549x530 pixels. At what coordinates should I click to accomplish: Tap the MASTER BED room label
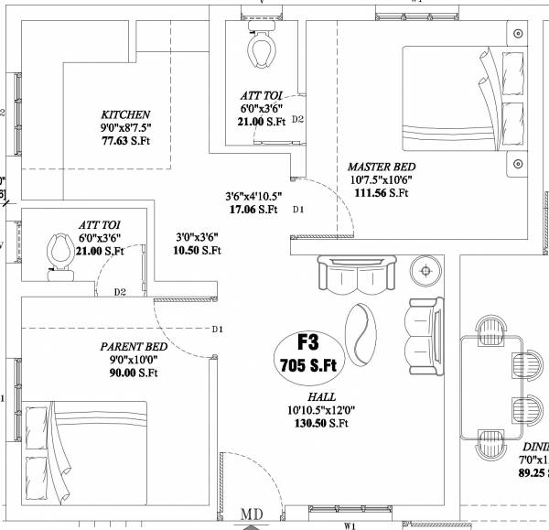tap(381, 168)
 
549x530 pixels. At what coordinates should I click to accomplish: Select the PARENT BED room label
tap(134, 347)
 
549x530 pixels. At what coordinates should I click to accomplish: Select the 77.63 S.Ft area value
tap(125, 141)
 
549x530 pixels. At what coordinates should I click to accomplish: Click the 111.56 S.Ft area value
tap(381, 193)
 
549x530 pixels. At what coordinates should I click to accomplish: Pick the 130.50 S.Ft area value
tap(321, 423)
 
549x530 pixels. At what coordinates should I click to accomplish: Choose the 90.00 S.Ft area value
tap(134, 373)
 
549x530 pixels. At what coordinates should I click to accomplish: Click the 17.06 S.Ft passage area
tap(253, 210)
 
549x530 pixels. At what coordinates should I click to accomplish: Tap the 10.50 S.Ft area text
tap(198, 250)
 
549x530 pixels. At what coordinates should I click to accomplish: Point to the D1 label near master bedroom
tap(297, 211)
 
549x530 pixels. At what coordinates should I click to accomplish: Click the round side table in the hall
tap(424, 271)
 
